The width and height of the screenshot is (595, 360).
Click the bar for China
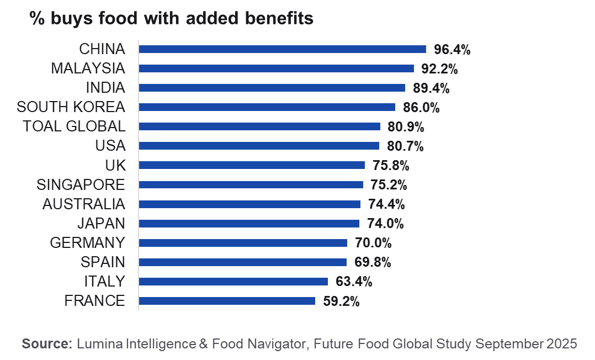[283, 49]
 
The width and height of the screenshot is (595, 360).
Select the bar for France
[227, 301]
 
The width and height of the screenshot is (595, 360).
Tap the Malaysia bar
[277, 68]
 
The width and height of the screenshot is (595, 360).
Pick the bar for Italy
[233, 282]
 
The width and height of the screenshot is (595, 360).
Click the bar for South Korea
[267, 107]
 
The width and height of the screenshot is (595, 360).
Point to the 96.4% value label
[452, 50]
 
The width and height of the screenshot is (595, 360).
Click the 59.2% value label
[341, 301]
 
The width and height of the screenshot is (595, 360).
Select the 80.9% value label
[406, 127]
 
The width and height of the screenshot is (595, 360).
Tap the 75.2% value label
[389, 185]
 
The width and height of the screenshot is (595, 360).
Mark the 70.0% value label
[373, 243]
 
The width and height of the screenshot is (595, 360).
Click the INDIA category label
[105, 88]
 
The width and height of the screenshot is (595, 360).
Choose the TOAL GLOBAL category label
[74, 126]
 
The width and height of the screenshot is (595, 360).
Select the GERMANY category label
[87, 243]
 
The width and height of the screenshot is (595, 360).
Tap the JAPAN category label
[101, 224]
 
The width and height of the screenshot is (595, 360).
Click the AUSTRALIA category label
[84, 204]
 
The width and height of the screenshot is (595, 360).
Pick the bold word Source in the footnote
[46, 343]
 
